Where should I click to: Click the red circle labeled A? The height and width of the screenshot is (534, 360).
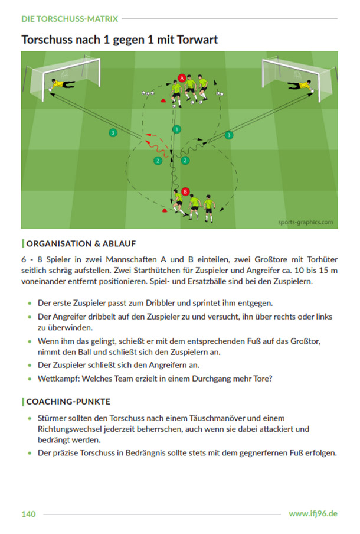click(x=182, y=78)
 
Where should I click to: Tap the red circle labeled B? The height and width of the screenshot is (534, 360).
click(x=185, y=192)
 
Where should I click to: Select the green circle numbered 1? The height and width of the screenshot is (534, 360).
click(x=176, y=129)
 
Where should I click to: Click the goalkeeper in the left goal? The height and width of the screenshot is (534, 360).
click(x=61, y=84)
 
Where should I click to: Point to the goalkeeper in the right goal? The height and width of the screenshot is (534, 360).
click(x=301, y=85)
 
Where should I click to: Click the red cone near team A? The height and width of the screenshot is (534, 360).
click(x=163, y=100)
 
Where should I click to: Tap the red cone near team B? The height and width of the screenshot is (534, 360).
click(x=165, y=210)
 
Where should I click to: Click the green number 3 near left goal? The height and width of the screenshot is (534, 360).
click(x=113, y=132)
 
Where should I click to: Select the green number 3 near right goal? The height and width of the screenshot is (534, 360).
click(x=229, y=135)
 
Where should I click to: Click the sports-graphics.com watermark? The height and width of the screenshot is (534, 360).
click(x=306, y=222)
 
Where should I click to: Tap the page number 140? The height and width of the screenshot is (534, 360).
click(x=28, y=514)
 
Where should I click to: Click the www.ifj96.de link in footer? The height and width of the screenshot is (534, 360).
click(x=313, y=513)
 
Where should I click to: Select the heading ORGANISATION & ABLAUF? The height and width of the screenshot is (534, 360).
click(x=81, y=243)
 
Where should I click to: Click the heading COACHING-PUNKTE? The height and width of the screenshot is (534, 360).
click(x=68, y=402)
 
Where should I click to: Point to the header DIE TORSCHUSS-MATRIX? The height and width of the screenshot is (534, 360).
click(x=70, y=19)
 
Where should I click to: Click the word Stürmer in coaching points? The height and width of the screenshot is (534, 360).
click(x=51, y=418)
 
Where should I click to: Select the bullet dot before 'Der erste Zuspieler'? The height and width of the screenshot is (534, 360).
click(x=30, y=303)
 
